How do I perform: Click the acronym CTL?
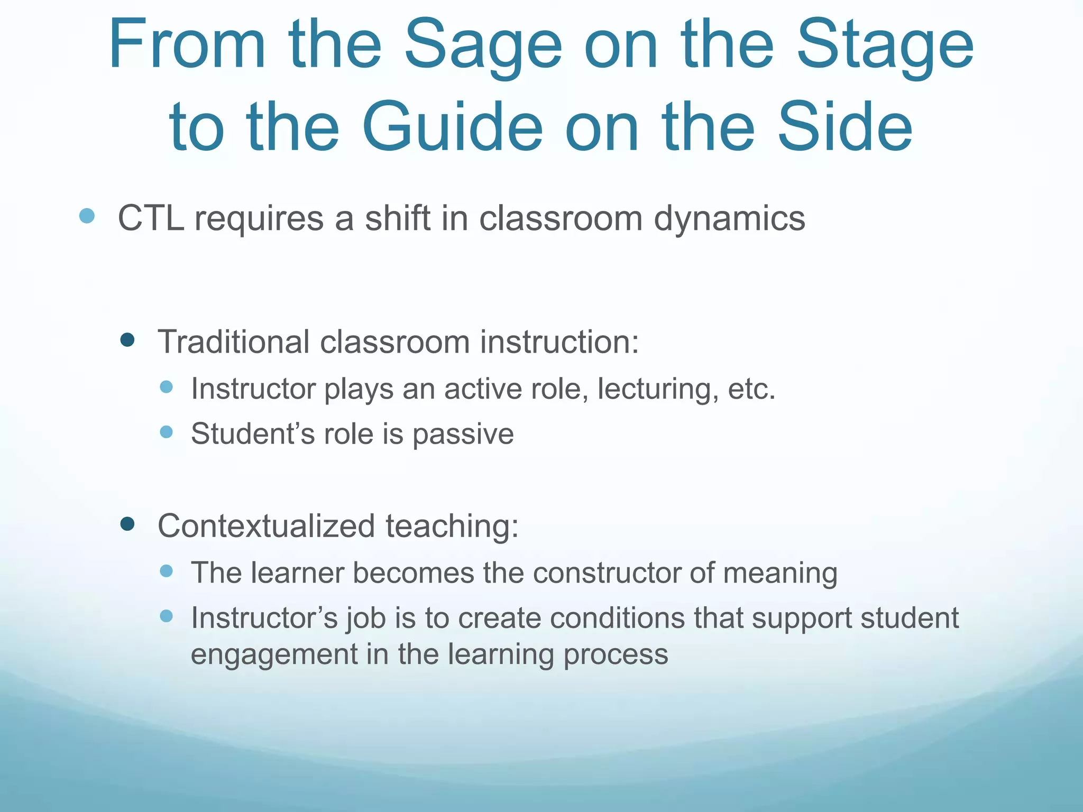coord(151,218)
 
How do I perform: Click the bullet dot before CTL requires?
coord(87,216)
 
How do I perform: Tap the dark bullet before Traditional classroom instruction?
coord(127,339)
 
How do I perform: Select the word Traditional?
coord(233,342)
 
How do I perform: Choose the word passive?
coord(463,435)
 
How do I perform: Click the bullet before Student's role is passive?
coord(167,432)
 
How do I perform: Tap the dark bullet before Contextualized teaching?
coord(127,524)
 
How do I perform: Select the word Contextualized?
coord(267,526)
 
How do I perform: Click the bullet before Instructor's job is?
coord(167,616)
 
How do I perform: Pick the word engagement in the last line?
coord(274,655)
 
